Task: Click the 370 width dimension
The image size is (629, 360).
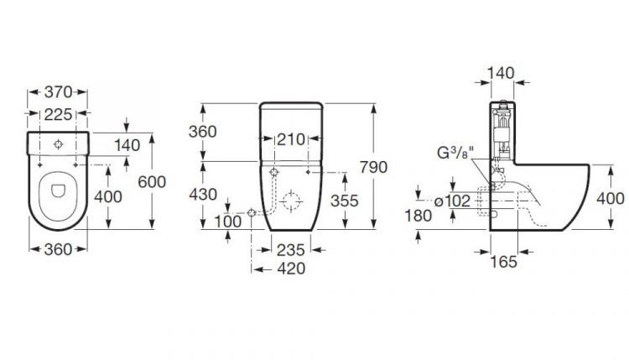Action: (x=58, y=92)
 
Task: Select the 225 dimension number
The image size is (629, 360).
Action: (x=58, y=115)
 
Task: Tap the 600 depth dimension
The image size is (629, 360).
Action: (x=152, y=182)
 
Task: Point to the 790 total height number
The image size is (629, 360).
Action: (x=373, y=167)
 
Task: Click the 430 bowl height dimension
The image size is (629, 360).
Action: (x=203, y=195)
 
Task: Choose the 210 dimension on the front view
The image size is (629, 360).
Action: (x=291, y=139)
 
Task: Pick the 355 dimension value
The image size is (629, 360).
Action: (x=345, y=201)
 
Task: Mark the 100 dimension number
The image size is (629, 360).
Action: (x=228, y=222)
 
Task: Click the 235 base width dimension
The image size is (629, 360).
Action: (x=291, y=250)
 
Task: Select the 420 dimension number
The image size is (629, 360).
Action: (x=291, y=269)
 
